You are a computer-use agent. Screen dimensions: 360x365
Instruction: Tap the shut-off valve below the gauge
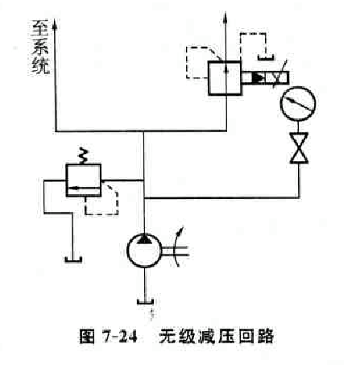[299, 148]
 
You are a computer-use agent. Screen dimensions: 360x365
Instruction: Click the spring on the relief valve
[83, 157]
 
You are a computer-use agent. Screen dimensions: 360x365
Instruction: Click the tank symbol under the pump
[145, 301]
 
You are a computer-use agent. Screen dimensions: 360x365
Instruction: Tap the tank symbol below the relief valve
[73, 259]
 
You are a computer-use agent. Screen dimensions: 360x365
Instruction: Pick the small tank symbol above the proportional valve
[266, 57]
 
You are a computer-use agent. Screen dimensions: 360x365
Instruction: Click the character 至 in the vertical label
[40, 28]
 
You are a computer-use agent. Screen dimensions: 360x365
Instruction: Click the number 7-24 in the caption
[120, 336]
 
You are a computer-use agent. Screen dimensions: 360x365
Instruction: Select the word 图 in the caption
[88, 336]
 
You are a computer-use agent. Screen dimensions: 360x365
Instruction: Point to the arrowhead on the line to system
[55, 24]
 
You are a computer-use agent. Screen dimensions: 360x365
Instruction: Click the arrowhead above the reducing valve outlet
[225, 17]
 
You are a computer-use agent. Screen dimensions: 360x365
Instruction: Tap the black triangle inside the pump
[144, 239]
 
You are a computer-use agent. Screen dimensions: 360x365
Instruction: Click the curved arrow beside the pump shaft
[176, 247]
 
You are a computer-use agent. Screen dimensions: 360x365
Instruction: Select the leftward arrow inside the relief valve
[84, 188]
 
